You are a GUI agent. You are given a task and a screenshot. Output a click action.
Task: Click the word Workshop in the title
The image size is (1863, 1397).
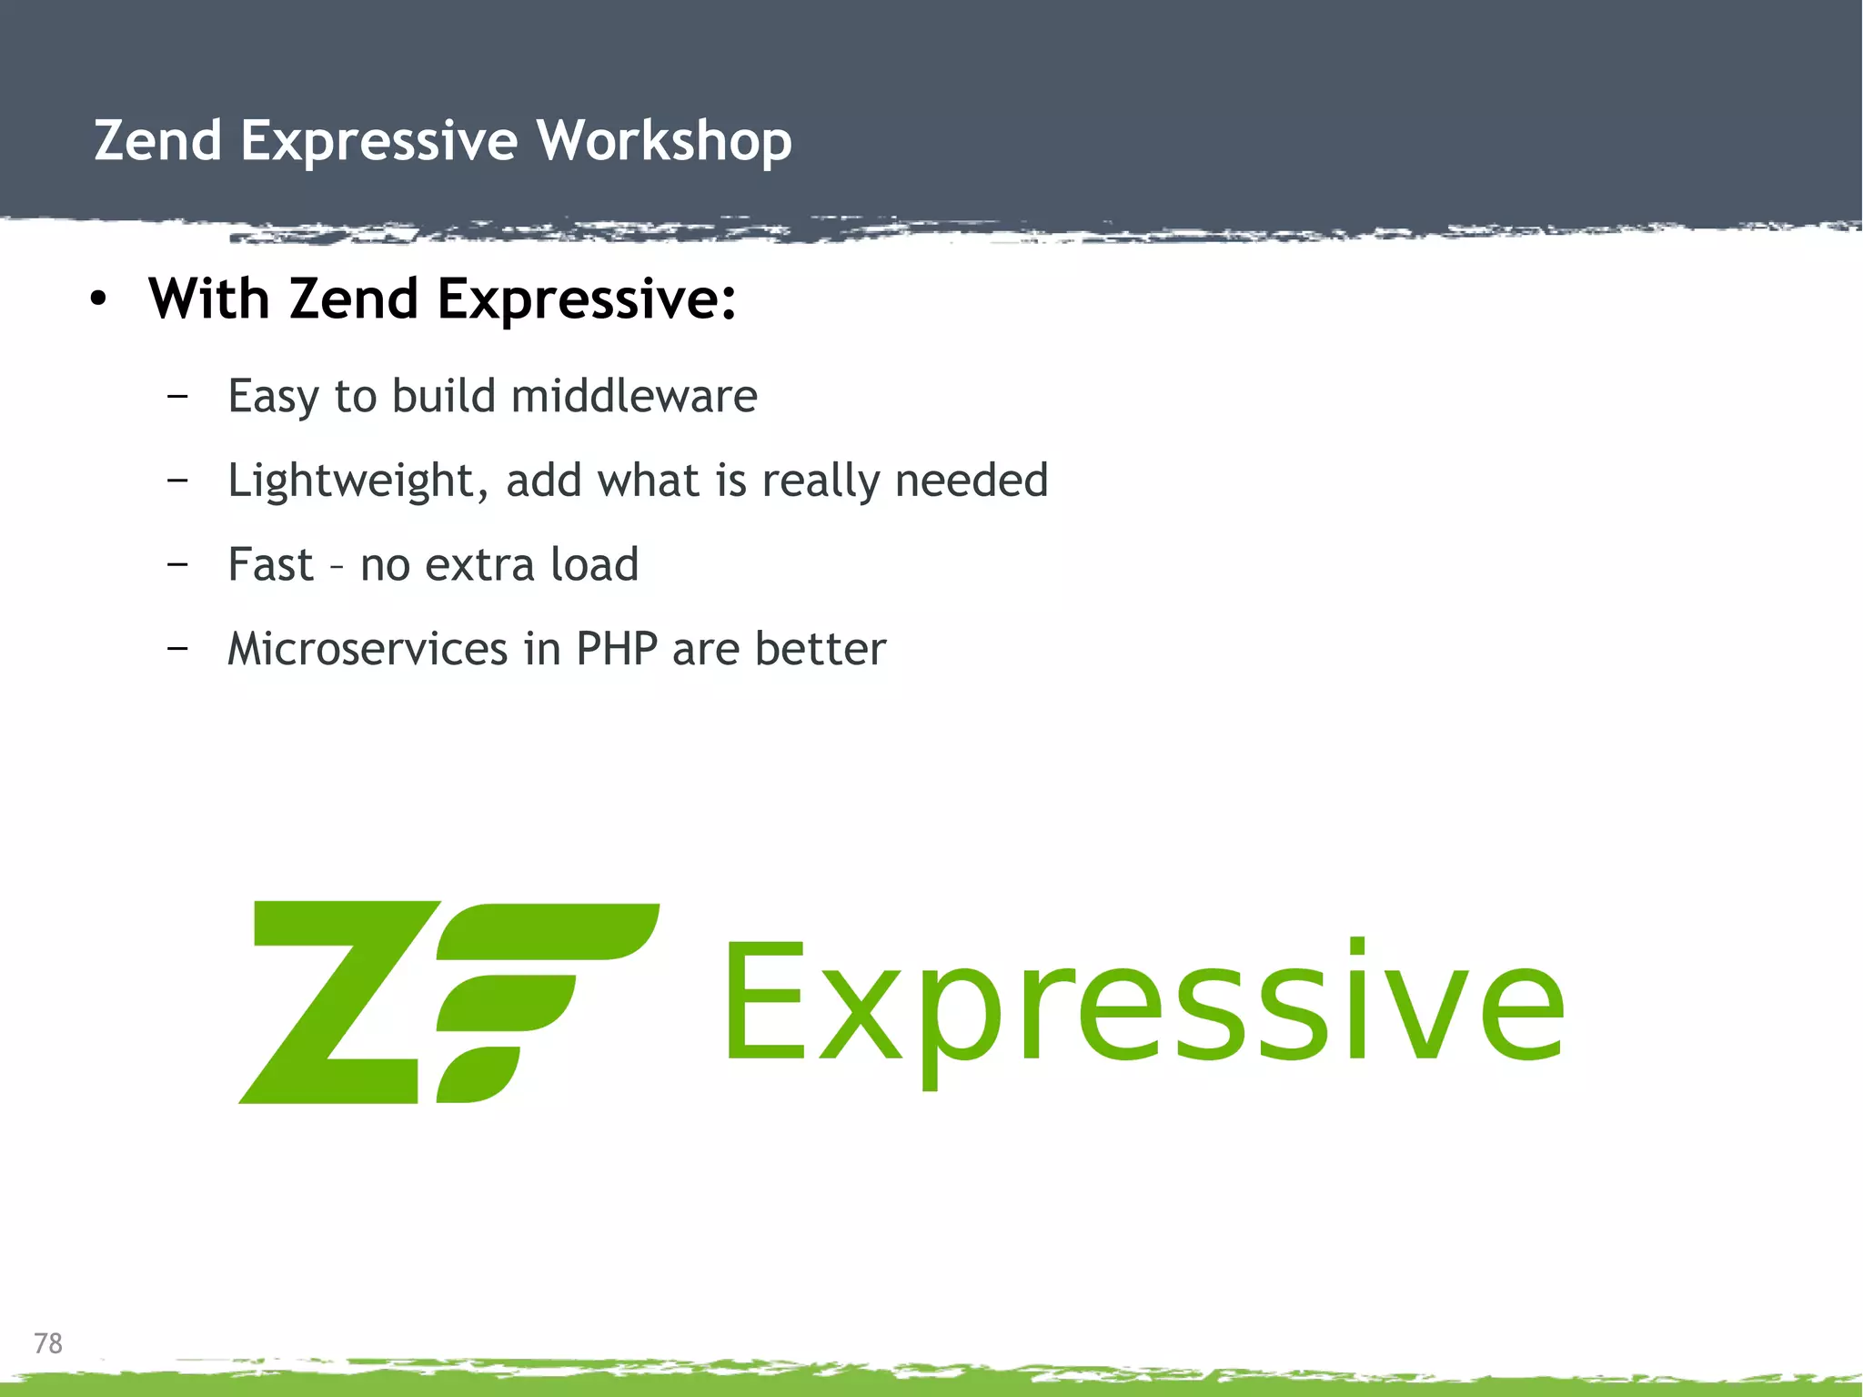click(663, 141)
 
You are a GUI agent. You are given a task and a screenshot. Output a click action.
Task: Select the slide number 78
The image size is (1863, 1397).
click(48, 1343)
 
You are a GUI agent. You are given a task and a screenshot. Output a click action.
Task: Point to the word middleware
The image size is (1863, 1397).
click(634, 396)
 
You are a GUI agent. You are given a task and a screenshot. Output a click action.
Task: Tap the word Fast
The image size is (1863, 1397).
click(270, 564)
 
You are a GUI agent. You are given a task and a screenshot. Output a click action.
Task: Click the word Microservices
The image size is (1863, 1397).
click(368, 649)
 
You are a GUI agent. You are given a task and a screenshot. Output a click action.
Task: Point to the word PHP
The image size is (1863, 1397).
click(617, 649)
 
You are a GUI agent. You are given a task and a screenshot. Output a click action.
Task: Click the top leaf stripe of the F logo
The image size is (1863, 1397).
click(555, 930)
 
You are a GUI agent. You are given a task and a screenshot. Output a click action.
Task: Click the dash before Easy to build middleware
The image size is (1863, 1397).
click(178, 396)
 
